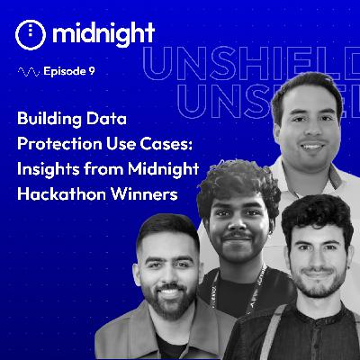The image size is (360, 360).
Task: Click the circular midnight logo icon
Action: coord(30,34)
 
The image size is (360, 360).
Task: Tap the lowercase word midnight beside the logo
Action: coord(103,33)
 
